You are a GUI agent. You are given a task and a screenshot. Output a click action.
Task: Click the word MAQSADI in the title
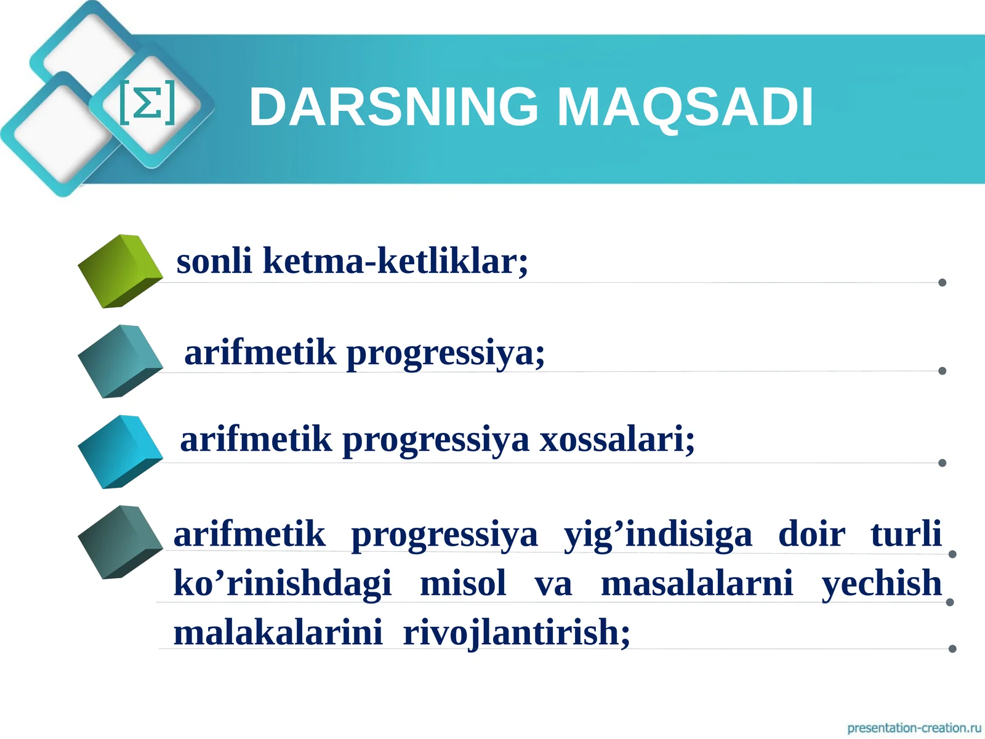click(685, 108)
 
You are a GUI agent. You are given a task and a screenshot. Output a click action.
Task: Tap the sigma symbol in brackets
click(148, 102)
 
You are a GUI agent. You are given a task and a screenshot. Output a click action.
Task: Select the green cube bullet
click(120, 271)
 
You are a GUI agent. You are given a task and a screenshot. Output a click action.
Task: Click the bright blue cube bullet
click(120, 451)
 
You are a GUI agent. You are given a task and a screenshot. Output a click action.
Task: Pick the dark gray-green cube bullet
click(120, 542)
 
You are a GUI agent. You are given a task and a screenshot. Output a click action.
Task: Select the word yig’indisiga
click(658, 535)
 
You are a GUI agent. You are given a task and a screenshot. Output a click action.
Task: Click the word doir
click(812, 533)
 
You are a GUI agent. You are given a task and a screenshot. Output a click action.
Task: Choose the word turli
click(906, 533)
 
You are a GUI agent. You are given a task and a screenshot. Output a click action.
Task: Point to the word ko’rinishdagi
click(283, 583)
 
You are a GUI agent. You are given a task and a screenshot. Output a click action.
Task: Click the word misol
click(463, 583)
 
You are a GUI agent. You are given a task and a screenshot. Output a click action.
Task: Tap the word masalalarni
click(697, 583)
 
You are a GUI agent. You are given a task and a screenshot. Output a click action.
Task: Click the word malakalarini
click(278, 632)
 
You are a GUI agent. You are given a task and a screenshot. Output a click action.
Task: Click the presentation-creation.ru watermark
click(914, 727)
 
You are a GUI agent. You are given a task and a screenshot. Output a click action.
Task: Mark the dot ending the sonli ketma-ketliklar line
click(943, 282)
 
